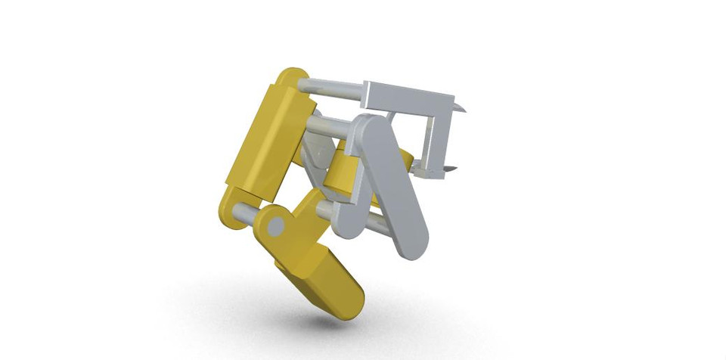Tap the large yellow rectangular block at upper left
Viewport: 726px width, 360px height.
click(x=261, y=140)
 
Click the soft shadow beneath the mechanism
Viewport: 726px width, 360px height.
click(x=318, y=321)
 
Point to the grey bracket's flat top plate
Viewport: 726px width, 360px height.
click(x=408, y=98)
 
